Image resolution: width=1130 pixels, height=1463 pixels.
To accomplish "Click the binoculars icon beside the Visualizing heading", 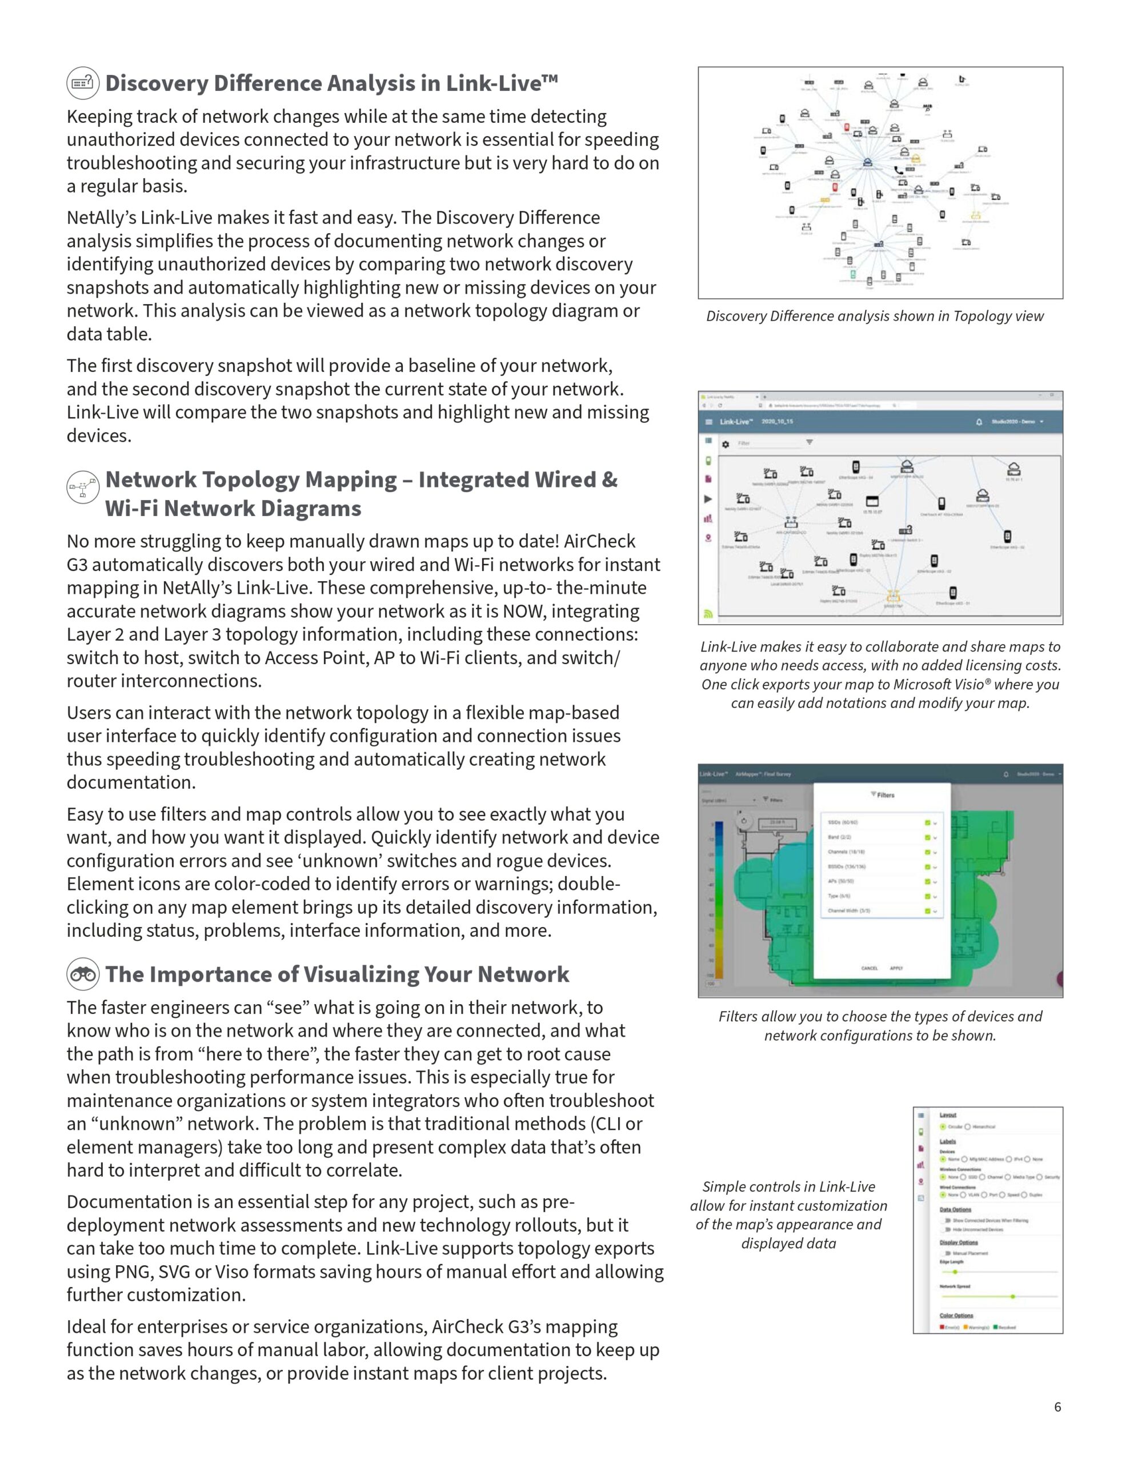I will coord(83,974).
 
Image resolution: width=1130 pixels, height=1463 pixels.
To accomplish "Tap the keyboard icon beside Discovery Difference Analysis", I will coord(83,84).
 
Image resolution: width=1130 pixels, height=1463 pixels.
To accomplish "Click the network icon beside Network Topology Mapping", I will coord(83,487).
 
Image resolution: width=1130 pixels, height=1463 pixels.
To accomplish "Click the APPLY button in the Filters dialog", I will coord(896,968).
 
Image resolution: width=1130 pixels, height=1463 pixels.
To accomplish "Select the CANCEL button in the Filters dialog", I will coord(869,968).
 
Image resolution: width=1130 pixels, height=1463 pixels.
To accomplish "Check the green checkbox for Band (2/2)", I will coord(928,837).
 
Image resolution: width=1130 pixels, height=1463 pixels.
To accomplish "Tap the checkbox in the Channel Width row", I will coord(928,911).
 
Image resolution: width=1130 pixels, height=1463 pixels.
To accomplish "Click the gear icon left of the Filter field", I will coord(725,444).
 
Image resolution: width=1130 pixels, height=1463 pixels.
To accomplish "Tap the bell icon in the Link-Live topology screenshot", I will coord(979,422).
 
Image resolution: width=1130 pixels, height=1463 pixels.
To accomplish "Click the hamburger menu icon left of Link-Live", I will coord(710,422).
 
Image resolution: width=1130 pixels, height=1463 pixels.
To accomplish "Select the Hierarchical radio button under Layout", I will coord(967,1127).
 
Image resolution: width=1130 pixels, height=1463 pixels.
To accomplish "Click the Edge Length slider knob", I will coord(955,1272).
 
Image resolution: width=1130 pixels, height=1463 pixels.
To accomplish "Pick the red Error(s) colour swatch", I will coord(942,1327).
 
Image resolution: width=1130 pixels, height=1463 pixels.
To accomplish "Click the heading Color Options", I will coord(956,1315).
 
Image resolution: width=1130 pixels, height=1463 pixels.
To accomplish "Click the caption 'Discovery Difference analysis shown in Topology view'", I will coord(875,316).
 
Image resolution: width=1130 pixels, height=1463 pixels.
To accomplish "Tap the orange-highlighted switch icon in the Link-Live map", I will coord(893,596).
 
